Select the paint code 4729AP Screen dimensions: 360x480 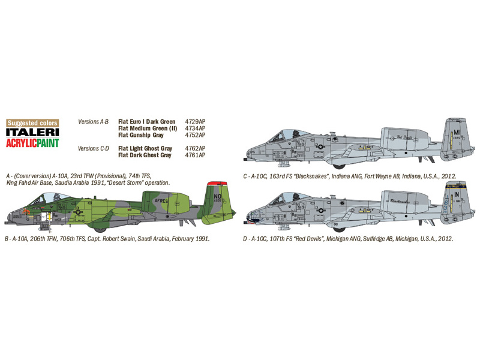pyautogui.click(x=194, y=122)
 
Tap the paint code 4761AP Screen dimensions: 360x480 pyautogui.click(x=194, y=155)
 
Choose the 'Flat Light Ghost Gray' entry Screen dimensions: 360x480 pyautogui.click(x=145, y=148)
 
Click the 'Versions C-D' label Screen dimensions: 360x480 pyautogui.click(x=93, y=148)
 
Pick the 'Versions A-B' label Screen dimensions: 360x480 pyautogui.click(x=93, y=122)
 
